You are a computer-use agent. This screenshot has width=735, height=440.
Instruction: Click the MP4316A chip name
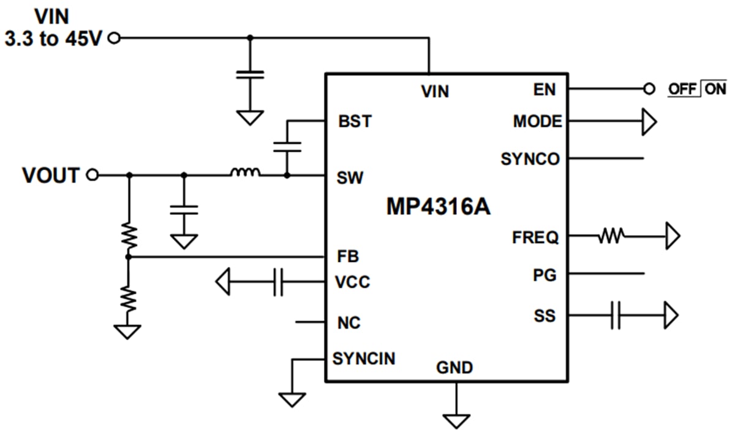click(x=438, y=207)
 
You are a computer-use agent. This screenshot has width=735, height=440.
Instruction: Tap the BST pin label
click(x=355, y=121)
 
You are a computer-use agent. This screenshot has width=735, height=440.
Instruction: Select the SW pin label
click(x=350, y=178)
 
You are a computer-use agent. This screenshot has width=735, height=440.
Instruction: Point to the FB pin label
click(x=348, y=256)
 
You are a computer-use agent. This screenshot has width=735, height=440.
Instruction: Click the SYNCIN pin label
click(x=364, y=358)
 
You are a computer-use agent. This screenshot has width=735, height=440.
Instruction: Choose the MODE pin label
click(x=537, y=122)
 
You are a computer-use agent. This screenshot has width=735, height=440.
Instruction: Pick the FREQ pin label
click(x=535, y=237)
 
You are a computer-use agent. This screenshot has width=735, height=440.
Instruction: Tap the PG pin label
click(x=545, y=275)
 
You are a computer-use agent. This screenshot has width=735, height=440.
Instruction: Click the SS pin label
click(x=545, y=316)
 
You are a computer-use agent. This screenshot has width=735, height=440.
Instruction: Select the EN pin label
click(x=545, y=90)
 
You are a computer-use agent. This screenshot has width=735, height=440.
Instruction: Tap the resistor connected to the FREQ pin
click(x=611, y=235)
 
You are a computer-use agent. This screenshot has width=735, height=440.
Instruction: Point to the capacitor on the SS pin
click(x=616, y=316)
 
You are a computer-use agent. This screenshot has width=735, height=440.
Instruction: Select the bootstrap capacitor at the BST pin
click(x=287, y=146)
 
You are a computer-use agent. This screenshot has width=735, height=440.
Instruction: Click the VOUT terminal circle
click(x=92, y=176)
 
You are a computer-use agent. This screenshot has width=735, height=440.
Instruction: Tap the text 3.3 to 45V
click(x=52, y=39)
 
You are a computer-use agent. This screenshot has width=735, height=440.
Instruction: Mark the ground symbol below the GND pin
click(x=456, y=420)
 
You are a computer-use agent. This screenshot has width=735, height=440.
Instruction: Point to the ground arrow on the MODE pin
click(x=649, y=122)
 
